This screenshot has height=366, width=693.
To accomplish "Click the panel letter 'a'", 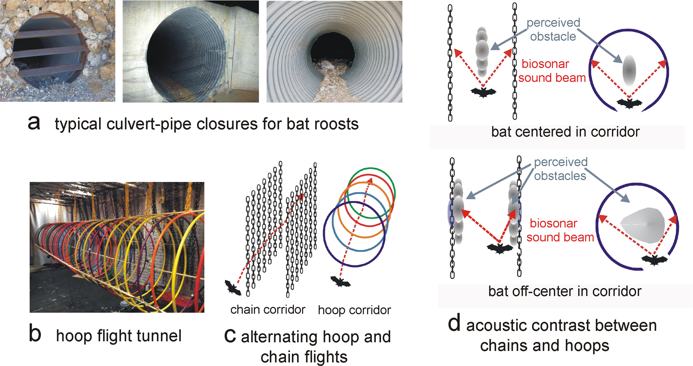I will coord(34,123).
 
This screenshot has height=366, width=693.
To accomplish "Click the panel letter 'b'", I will coord(35,334).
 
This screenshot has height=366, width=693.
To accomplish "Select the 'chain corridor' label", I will coord(268,310).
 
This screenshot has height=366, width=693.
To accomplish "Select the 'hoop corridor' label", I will coord(354,310).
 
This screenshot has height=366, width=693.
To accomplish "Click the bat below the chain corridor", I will coord(233,288).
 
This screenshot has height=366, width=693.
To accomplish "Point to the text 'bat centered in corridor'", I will coord(565,132).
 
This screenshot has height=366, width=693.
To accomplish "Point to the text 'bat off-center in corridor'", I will coord(565,291).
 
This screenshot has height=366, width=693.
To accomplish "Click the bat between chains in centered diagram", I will coord(483,92).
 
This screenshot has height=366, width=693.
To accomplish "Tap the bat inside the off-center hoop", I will coord(654,260).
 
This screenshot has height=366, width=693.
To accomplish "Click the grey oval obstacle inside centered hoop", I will coord(629,70).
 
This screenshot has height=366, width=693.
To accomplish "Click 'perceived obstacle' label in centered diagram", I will coord(553,30).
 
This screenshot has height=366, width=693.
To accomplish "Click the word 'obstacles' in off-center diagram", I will coord(560,176).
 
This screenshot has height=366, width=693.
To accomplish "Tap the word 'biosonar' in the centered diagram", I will coord(545,64).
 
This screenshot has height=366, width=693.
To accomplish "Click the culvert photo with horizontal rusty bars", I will coord(57,51).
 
